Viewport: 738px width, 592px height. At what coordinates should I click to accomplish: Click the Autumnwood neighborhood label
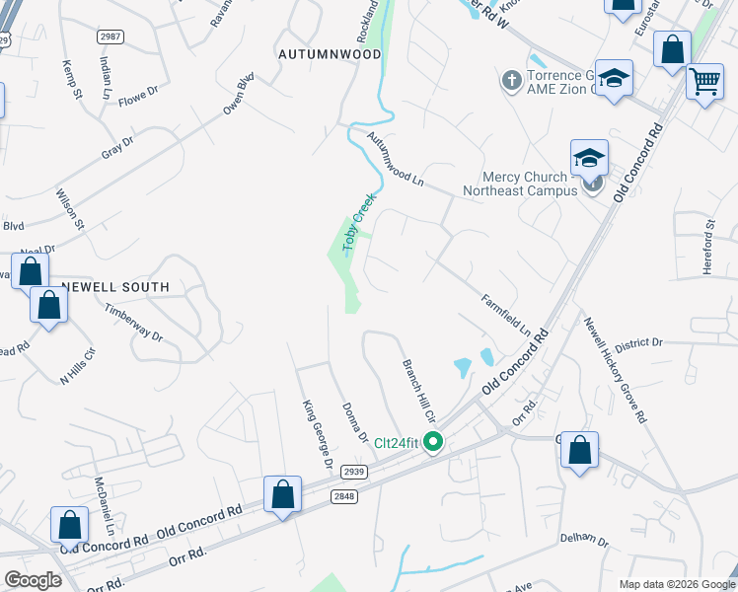coord(330,53)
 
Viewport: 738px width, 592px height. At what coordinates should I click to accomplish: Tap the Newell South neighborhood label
coord(115,287)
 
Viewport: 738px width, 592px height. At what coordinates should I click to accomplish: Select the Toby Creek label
coord(359,224)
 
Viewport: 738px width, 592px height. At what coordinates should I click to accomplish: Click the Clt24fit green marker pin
coord(433,442)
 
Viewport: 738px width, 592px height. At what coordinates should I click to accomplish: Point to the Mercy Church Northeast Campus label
coord(520,183)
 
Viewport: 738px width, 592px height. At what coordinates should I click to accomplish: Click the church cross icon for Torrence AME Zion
coord(511,79)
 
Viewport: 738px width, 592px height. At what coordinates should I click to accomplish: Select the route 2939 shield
coord(355,472)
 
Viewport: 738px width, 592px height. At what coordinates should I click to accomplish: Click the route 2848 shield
coord(343,497)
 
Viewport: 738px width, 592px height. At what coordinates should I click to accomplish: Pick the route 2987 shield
coord(110,37)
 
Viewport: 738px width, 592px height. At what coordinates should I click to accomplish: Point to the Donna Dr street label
coord(354,423)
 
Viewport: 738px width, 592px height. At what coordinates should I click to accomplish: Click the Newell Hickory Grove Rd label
coord(615,370)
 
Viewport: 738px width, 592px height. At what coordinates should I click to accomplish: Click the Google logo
coord(33,580)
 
